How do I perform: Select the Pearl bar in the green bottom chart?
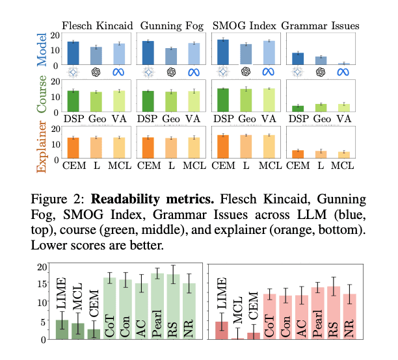coord(156,305)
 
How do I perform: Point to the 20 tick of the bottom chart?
coord(43,266)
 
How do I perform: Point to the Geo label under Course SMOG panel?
coord(245,120)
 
